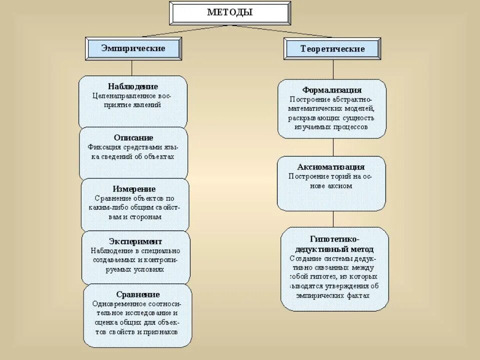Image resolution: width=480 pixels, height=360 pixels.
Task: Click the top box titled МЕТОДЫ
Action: tap(230, 13)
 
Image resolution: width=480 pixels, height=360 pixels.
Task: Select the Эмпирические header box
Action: tap(133, 48)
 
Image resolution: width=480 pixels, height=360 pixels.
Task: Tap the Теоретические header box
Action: tap(332, 49)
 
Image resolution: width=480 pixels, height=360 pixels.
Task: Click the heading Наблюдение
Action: tap(133, 86)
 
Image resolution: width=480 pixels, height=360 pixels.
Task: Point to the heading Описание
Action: tap(133, 137)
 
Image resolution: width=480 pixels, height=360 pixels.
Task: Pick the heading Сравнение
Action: tap(138, 294)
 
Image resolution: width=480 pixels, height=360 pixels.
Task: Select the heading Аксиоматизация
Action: tap(331, 167)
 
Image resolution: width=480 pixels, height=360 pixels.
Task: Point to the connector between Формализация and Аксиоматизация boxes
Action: tap(333, 147)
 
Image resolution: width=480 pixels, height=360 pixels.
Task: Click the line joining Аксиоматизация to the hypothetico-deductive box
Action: tap(333, 219)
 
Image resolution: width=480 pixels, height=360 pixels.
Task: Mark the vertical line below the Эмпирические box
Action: tap(132, 68)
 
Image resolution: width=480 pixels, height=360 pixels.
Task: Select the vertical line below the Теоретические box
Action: tap(333, 69)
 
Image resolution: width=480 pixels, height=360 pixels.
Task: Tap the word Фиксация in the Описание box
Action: tap(104, 147)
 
